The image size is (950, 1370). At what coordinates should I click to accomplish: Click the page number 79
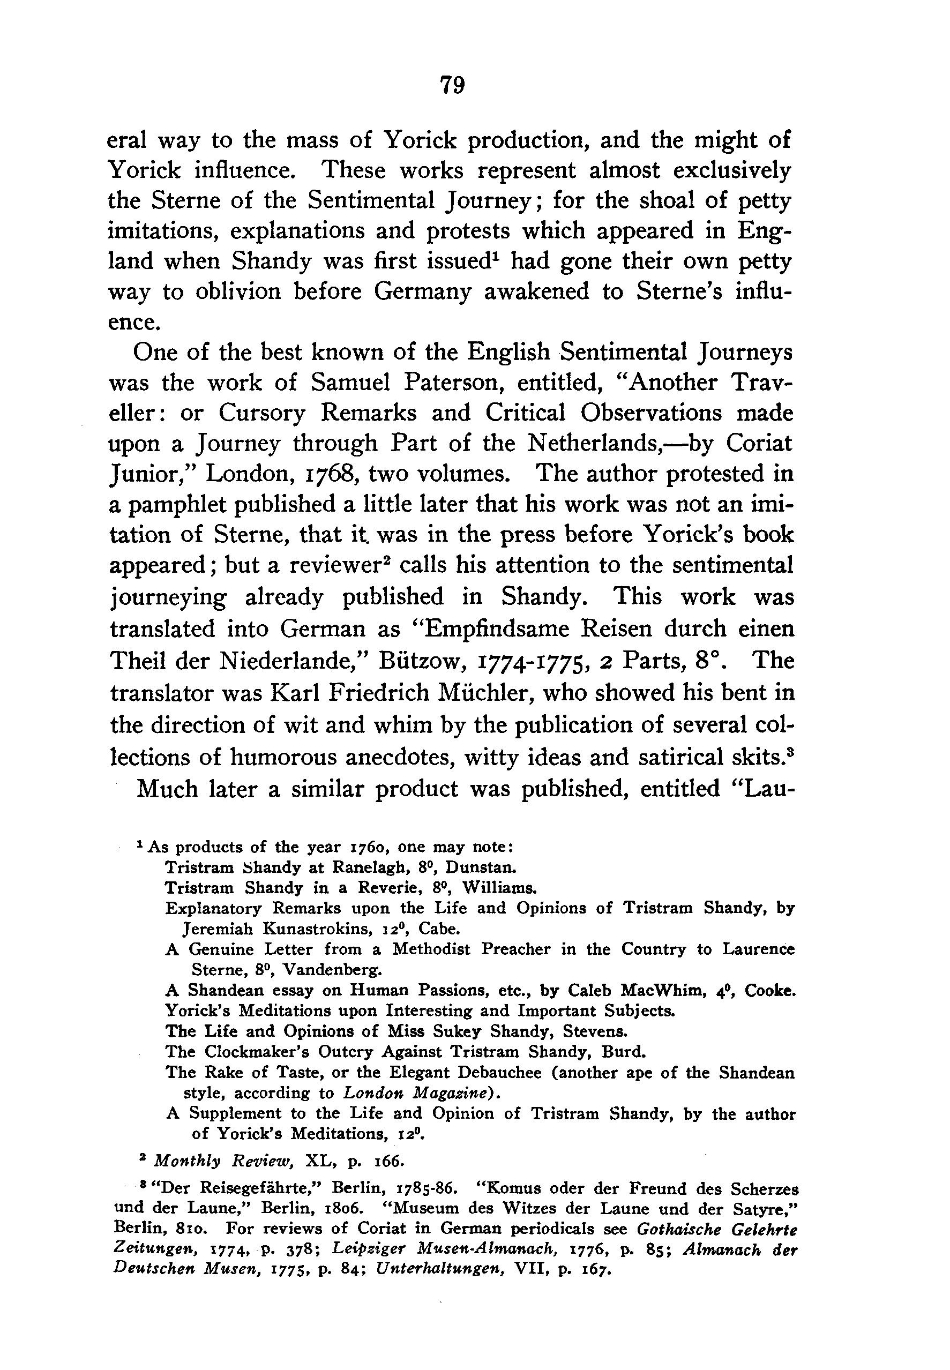(x=452, y=85)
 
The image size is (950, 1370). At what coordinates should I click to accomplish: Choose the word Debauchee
(x=481, y=1073)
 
